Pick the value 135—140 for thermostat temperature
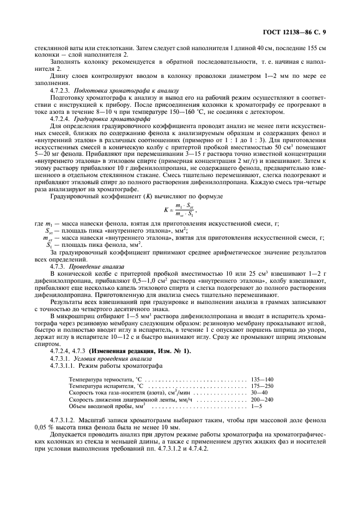[263, 379]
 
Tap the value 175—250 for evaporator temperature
[263, 386]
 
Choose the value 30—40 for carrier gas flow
[260, 393]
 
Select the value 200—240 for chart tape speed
[263, 400]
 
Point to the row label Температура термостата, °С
[105, 379]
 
